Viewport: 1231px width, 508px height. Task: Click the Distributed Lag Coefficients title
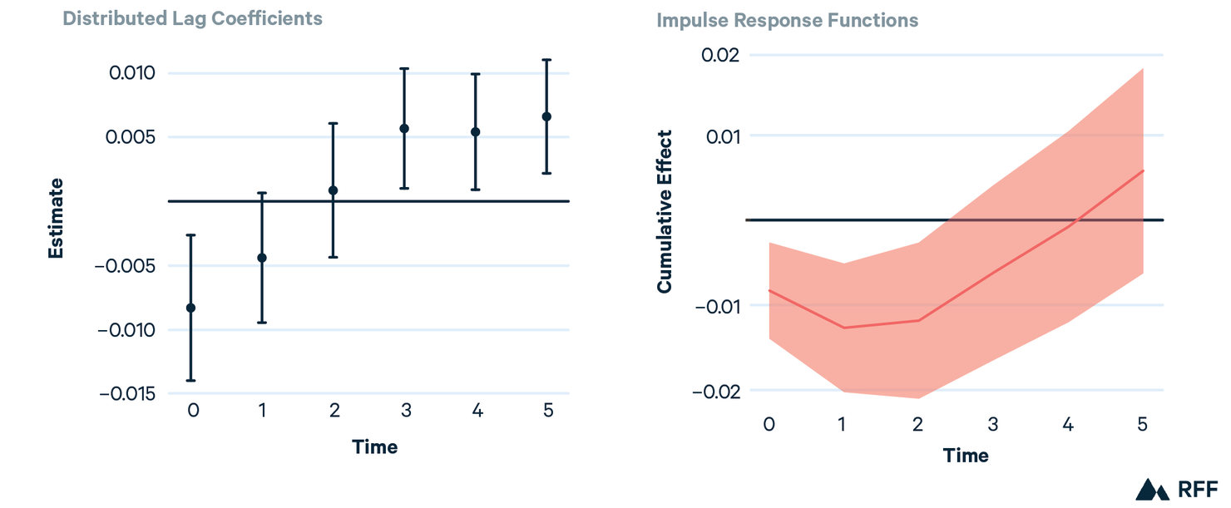coord(192,18)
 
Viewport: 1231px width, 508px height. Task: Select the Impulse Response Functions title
coord(788,20)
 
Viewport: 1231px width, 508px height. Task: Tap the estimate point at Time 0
coord(190,308)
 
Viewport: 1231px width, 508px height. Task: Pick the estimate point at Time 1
coord(262,258)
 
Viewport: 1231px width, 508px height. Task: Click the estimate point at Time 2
coord(333,190)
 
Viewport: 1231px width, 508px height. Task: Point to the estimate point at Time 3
coord(404,128)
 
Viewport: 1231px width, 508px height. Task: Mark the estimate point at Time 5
coord(546,116)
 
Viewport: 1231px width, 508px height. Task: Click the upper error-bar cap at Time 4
coord(476,74)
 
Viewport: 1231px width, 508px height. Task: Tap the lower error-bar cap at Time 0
coord(190,380)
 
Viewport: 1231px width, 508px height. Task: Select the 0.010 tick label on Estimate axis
coord(132,73)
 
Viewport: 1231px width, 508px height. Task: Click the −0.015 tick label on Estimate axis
coord(126,393)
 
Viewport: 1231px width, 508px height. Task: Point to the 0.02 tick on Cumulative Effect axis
coord(720,55)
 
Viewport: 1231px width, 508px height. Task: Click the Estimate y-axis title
coord(56,219)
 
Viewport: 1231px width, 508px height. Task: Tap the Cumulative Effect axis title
coord(664,212)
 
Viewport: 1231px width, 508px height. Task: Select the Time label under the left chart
coord(374,447)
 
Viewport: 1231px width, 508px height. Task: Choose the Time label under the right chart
coord(966,456)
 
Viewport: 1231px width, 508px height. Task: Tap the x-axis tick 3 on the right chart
coord(992,424)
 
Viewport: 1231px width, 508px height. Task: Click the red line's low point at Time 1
coord(843,328)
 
